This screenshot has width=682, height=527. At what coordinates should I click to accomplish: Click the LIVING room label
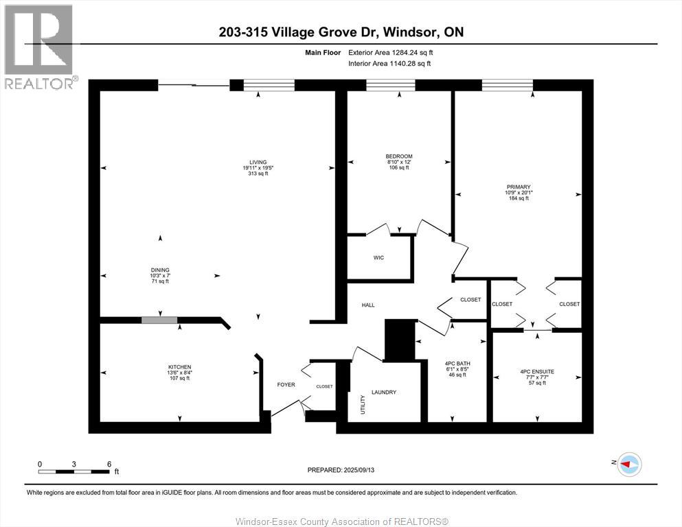258,162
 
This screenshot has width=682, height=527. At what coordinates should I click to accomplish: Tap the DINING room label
161,270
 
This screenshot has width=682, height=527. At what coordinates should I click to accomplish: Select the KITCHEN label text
180,367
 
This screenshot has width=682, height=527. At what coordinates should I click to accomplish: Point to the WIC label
378,258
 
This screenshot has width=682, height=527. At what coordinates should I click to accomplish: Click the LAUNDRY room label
384,393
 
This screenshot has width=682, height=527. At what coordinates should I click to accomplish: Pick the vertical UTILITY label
363,404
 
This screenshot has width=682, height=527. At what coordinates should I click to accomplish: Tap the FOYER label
286,385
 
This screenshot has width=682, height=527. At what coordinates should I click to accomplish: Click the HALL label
368,305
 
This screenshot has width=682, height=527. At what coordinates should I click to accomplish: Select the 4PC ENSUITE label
537,372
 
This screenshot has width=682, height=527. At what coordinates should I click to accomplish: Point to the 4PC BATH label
457,364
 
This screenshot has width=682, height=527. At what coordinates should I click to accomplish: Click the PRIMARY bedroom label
519,187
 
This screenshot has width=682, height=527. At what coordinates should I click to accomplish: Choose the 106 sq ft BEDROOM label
398,156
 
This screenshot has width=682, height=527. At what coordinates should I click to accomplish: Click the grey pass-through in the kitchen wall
159,320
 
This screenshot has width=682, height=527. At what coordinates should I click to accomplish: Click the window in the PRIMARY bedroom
507,85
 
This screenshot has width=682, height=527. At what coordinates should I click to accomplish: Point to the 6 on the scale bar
109,464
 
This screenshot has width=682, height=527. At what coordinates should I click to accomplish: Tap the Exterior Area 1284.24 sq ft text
390,52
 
